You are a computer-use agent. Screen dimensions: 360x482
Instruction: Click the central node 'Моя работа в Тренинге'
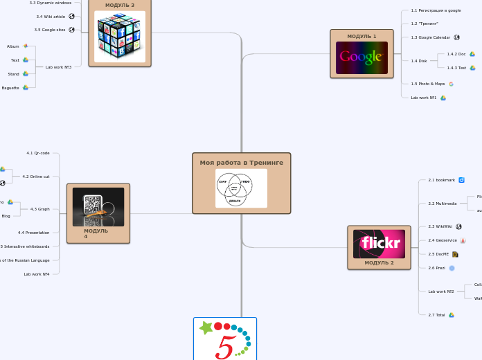[x=241, y=163]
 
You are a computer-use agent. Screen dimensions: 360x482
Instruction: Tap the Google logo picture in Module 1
[x=361, y=57]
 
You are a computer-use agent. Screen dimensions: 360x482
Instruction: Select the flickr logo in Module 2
[x=379, y=244]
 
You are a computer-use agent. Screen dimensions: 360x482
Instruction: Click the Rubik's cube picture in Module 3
[x=120, y=37]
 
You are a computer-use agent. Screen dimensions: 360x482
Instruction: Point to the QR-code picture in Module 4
[x=98, y=206]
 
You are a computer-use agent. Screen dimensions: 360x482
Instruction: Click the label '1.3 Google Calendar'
[x=430, y=37]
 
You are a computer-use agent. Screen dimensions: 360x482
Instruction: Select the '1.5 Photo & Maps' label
[x=428, y=84]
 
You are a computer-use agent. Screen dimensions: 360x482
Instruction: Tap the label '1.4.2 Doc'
[x=456, y=54]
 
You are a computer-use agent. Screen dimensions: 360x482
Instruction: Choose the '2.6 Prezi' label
[x=436, y=268]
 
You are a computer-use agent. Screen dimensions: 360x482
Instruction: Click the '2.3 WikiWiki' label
[x=440, y=226]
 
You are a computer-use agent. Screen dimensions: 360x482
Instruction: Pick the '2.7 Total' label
[x=436, y=315]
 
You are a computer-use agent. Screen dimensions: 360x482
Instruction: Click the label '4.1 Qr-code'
[x=38, y=153]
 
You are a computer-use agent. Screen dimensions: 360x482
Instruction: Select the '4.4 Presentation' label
[x=34, y=233]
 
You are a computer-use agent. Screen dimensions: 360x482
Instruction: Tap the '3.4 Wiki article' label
[x=51, y=16]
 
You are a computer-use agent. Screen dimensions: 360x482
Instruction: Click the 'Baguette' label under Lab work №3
[x=10, y=88]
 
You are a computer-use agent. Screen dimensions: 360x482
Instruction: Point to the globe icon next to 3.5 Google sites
[x=72, y=30]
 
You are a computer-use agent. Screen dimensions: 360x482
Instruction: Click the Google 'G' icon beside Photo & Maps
[x=451, y=84]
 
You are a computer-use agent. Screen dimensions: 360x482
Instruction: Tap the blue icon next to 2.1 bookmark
[x=461, y=180]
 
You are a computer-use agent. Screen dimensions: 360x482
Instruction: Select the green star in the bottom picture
[x=206, y=327]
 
